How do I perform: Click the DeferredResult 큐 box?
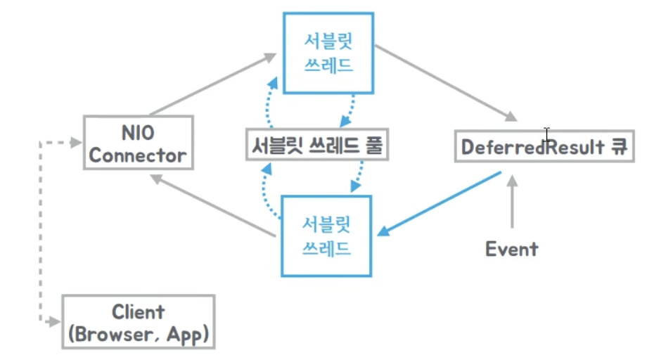pyautogui.click(x=544, y=146)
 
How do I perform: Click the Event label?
pyautogui.click(x=512, y=248)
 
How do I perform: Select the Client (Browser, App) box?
pyautogui.click(x=138, y=322)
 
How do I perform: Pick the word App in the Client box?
pyautogui.click(x=187, y=334)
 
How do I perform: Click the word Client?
pyautogui.click(x=138, y=311)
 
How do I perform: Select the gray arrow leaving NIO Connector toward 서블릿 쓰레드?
pyautogui.click(x=211, y=83)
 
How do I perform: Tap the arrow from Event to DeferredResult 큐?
pyautogui.click(x=512, y=204)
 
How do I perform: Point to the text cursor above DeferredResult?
pyautogui.click(x=546, y=134)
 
